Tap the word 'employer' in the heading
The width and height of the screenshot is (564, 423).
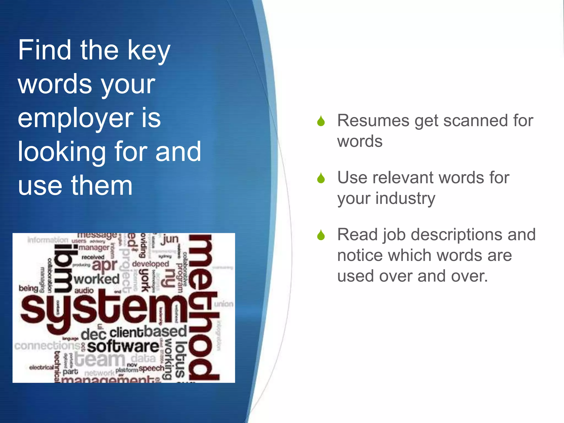tap(75, 118)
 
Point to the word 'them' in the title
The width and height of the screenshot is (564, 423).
tap(102, 186)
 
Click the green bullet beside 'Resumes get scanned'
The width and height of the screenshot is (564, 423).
tap(321, 121)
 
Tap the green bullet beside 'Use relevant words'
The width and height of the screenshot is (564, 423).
tap(321, 178)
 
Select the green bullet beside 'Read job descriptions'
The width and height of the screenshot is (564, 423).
tap(321, 235)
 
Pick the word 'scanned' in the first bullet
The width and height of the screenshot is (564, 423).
tap(475, 121)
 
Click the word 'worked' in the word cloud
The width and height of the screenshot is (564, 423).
tap(97, 279)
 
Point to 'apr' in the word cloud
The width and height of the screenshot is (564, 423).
tap(105, 265)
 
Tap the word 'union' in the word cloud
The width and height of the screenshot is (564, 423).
tap(224, 304)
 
